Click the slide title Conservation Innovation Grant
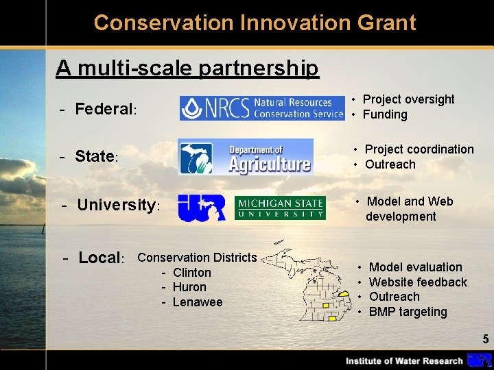click(x=255, y=23)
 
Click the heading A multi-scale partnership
click(x=187, y=68)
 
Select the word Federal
click(x=104, y=109)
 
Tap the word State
click(x=95, y=156)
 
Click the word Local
click(x=99, y=258)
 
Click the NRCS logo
click(x=261, y=108)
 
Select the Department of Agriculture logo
click(x=246, y=157)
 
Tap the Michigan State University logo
click(x=280, y=208)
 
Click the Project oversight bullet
click(x=408, y=99)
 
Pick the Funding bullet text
click(x=385, y=114)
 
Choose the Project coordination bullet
click(x=419, y=149)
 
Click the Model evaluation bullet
click(x=415, y=267)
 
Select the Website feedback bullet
click(x=418, y=282)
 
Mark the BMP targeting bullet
click(x=408, y=312)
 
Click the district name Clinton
click(x=192, y=273)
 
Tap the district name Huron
click(x=189, y=287)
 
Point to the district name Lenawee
click(x=198, y=302)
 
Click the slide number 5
click(x=485, y=339)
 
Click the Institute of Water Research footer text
click(x=404, y=361)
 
